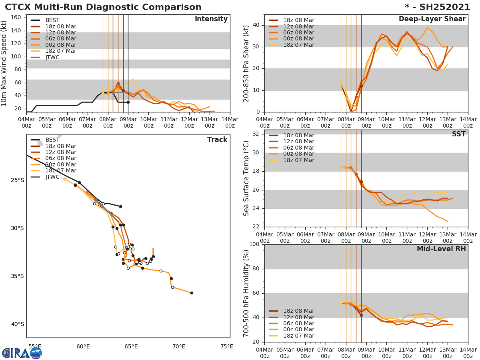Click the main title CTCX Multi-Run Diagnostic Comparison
(103, 7)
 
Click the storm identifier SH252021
(437, 7)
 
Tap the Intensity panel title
(211, 19)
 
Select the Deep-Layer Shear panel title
(432, 19)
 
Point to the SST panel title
(458, 134)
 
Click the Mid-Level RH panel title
(441, 249)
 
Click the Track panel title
(217, 140)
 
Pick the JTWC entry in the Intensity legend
(52, 57)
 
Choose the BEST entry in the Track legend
(52, 140)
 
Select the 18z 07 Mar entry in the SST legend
(298, 160)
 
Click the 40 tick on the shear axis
(256, 25)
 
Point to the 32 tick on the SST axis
(256, 134)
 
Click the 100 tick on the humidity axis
(254, 244)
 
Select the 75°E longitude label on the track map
(227, 346)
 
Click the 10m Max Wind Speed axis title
(4, 63)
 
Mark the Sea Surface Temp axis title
(246, 179)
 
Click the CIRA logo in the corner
(22, 353)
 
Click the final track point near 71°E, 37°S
(192, 293)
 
